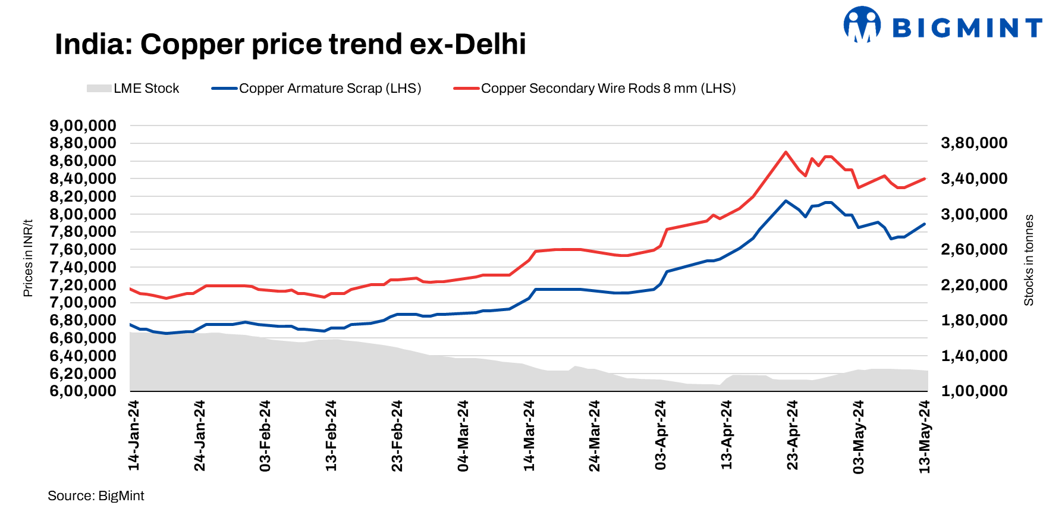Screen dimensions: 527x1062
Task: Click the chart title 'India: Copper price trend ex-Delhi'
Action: point(290,45)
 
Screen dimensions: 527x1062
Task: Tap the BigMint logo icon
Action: point(862,25)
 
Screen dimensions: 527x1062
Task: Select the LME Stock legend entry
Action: point(133,89)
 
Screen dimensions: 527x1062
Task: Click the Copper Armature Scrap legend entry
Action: point(316,89)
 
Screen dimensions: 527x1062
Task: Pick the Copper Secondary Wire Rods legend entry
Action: point(595,89)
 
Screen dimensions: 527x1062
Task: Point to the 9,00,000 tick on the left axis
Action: point(83,126)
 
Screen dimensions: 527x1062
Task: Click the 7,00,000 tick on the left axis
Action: point(83,303)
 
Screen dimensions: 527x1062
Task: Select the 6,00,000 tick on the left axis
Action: point(83,391)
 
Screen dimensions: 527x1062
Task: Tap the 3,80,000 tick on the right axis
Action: point(974,143)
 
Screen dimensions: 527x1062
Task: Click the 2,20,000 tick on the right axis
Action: point(974,285)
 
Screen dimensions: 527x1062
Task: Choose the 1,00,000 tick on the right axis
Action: point(974,391)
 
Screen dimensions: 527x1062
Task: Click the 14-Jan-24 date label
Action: point(134,435)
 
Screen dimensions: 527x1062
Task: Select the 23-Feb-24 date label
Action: point(397,435)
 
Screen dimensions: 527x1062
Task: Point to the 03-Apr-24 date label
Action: point(661,435)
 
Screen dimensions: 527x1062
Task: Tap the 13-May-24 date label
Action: point(924,437)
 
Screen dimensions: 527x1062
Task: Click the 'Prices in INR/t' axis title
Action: point(28,258)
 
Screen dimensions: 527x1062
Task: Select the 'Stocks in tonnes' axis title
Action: point(1029,261)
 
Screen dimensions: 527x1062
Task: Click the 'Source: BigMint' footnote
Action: point(96,496)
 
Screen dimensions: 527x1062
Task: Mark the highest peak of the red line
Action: point(786,152)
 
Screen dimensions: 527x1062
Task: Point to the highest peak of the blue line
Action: point(786,201)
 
